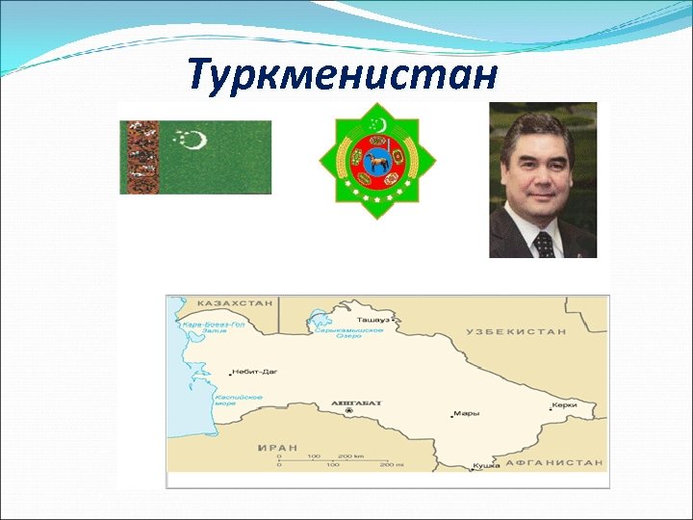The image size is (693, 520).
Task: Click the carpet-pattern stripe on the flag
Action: [140, 157]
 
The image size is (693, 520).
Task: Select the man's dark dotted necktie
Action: [544, 245]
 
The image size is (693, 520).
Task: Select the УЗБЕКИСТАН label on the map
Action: [516, 331]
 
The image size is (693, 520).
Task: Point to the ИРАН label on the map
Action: [277, 448]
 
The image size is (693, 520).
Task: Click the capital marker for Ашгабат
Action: [349, 411]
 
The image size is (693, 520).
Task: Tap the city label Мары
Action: [467, 414]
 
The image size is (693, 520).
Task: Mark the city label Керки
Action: [565, 405]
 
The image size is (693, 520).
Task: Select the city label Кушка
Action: [486, 466]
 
